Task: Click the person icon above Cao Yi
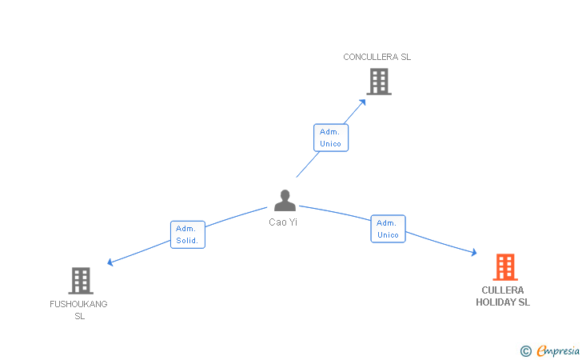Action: (285, 200)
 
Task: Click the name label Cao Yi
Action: (283, 222)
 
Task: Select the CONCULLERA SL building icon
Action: (379, 81)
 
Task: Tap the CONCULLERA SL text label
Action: (377, 57)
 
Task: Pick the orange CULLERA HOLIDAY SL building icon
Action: (504, 267)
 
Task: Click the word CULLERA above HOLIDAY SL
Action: (503, 290)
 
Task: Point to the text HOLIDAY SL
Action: (503, 302)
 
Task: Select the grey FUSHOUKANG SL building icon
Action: (81, 280)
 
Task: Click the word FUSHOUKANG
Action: (78, 304)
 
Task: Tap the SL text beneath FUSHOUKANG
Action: (79, 316)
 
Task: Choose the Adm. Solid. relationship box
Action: (188, 234)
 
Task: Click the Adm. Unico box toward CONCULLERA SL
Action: (330, 138)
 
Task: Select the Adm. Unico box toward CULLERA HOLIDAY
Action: (388, 229)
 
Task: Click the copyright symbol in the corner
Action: (525, 350)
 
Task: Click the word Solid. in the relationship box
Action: (188, 241)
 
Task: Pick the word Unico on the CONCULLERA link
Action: (330, 144)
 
